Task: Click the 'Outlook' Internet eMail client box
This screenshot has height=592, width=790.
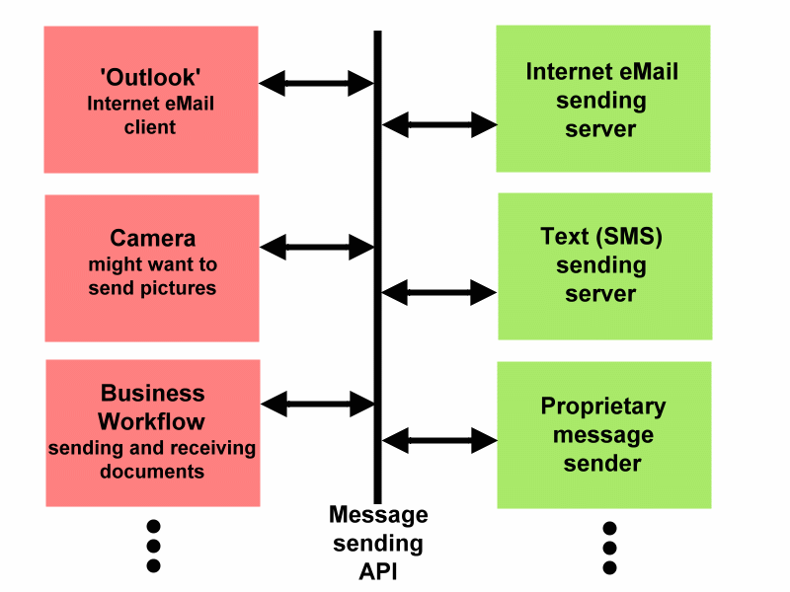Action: coord(151,100)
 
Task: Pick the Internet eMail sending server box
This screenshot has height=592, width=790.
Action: coord(602,99)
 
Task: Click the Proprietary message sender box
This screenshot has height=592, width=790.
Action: coord(603,434)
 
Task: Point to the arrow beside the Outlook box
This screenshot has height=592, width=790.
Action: coord(317,84)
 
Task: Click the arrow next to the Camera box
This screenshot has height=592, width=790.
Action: coord(317,248)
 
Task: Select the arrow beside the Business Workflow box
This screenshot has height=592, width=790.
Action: coord(317,404)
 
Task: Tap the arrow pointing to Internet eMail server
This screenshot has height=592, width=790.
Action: coord(439,125)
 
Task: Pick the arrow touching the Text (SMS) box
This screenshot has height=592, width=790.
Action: coord(439,292)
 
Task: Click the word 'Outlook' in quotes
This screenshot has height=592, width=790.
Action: coord(151,76)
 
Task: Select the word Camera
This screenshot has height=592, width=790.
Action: coord(152,239)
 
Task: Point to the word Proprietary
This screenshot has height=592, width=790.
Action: coord(602,407)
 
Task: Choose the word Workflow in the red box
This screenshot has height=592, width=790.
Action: coord(152,421)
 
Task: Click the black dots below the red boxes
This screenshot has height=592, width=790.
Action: coord(153,546)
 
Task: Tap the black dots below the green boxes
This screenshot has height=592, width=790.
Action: coord(609,548)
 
